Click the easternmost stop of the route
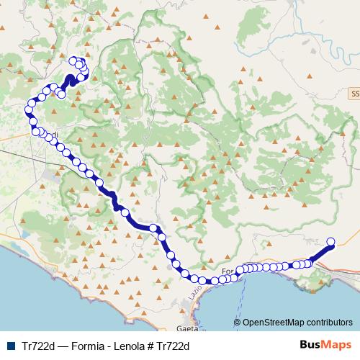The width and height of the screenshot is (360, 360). [x=331, y=242]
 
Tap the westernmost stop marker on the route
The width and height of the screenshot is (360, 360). [x=30, y=109]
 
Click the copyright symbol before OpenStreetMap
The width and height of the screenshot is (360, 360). [x=238, y=323]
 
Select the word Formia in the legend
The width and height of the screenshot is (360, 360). [x=84, y=346]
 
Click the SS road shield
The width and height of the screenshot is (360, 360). [x=354, y=94]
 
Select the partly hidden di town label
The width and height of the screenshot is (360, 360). [x=53, y=134]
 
